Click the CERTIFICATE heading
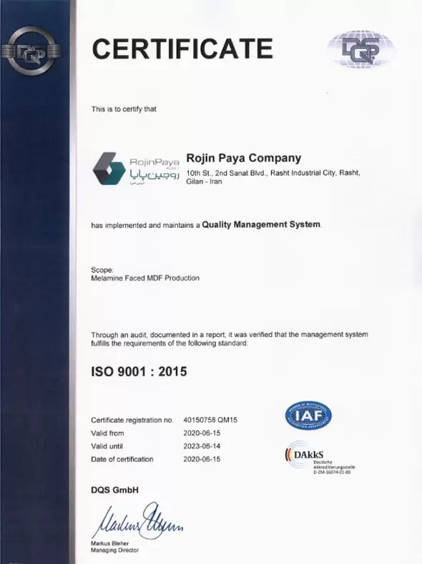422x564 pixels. pos(182,49)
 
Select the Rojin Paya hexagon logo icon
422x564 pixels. pos(108,167)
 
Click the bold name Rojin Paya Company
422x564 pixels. pos(243,158)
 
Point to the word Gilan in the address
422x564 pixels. pos(196,183)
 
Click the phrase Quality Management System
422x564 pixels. pos(262,224)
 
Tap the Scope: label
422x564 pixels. pos(103,269)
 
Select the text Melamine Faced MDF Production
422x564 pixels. pos(145,278)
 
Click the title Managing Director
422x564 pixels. pos(115,550)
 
